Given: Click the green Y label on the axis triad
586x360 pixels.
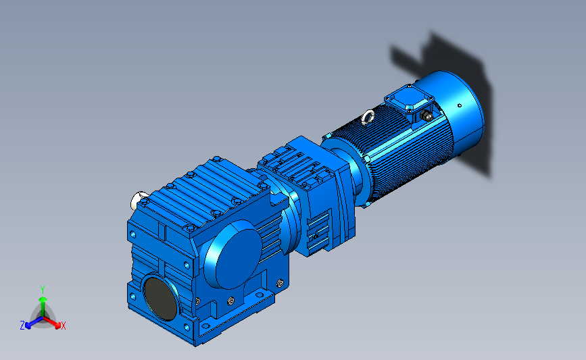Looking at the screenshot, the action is click(42, 290).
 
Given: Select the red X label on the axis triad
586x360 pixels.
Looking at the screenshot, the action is click(63, 326).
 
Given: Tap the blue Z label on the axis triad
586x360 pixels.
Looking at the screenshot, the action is click(22, 326).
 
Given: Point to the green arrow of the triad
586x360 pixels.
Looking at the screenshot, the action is click(43, 306).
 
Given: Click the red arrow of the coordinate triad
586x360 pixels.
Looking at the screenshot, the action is click(52, 323).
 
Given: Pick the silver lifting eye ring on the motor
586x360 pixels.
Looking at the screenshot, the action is click(368, 117).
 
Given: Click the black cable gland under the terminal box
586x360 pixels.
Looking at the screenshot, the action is click(425, 116).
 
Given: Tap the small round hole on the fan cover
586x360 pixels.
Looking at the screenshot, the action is click(460, 105).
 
